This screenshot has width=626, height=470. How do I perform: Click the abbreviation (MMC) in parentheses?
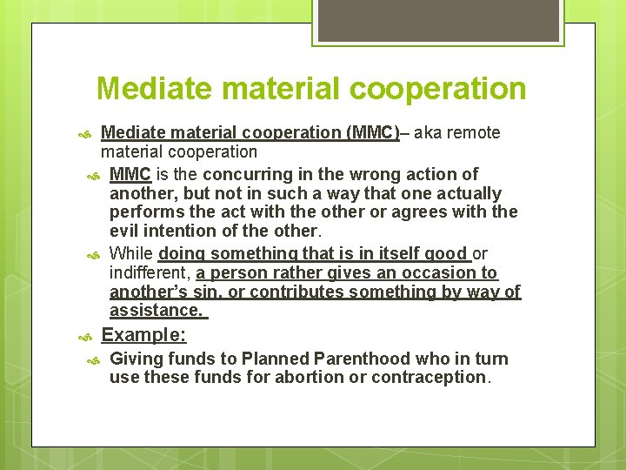372,133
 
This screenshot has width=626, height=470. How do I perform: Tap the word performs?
143,211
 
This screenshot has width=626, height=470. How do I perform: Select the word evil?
125,231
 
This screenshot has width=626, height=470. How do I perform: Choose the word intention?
183,231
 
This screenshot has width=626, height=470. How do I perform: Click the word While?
131,253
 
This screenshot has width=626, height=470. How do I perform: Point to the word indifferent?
150,272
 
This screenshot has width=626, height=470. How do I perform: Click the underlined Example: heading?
143,335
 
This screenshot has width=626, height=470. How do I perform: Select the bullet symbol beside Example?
85,336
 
